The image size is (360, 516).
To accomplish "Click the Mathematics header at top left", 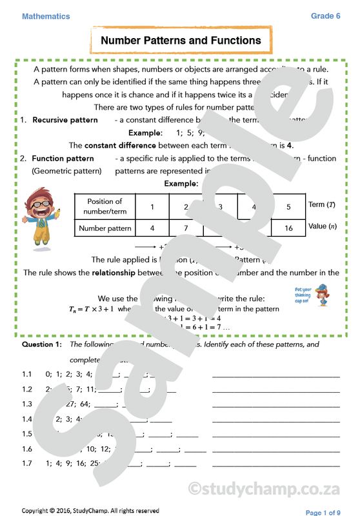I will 46,17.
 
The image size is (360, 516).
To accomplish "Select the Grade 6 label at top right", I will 325,16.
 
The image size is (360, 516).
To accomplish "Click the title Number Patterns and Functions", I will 181,41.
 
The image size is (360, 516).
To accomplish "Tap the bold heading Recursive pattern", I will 65,120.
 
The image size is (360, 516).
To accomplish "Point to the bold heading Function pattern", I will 63,158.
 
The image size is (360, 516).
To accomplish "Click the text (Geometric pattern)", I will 66,171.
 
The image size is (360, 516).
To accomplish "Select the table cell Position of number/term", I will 105,206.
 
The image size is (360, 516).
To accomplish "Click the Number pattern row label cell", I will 105,228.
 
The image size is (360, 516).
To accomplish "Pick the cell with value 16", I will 288,228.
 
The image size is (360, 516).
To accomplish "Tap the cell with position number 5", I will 288,206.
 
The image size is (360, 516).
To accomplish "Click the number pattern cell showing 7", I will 186,228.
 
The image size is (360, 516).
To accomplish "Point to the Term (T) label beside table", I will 321,204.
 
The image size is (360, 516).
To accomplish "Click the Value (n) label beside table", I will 323,227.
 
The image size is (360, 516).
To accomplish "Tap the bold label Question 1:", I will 42,344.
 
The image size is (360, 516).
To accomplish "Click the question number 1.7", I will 26,463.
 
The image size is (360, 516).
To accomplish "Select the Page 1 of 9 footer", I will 323,512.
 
